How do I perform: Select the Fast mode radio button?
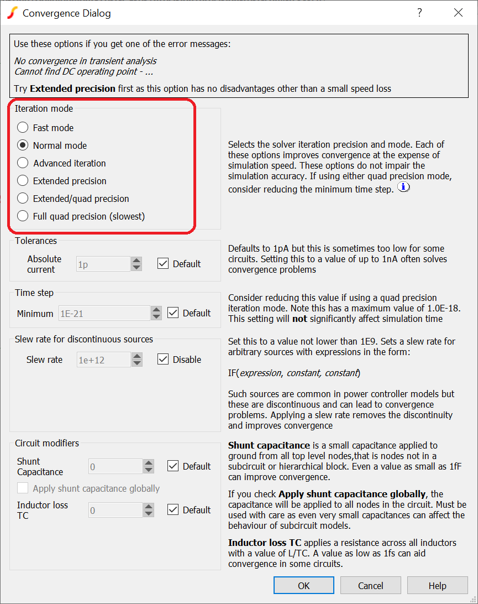(23, 128)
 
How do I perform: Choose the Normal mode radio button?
(23, 145)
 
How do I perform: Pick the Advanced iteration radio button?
(23, 163)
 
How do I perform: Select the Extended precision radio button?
(23, 181)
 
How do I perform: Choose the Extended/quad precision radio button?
(23, 199)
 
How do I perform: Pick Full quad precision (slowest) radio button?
(23, 216)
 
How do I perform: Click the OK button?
(303, 586)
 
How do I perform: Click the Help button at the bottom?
(437, 586)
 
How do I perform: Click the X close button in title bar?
(458, 13)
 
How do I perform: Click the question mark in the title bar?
(419, 13)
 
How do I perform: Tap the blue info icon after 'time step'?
(404, 187)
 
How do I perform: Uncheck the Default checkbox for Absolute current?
(163, 264)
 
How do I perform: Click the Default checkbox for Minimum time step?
(173, 313)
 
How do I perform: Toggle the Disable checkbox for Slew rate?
(163, 360)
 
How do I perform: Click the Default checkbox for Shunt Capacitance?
(173, 466)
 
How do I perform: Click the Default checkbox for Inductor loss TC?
(173, 510)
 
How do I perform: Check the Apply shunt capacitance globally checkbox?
(23, 488)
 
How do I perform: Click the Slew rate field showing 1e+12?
(103, 360)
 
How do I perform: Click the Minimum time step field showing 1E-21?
(103, 314)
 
